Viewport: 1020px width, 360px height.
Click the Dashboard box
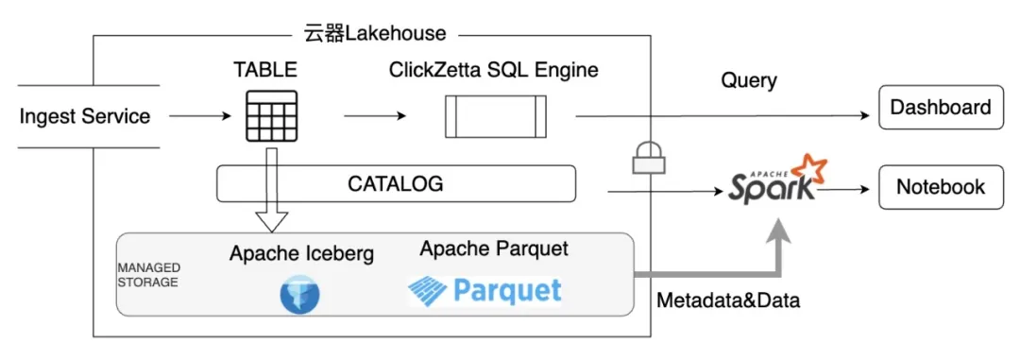point(941,107)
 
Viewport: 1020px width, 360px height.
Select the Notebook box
point(941,187)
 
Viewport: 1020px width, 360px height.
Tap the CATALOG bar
point(396,183)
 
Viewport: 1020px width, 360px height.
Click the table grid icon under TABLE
point(271,116)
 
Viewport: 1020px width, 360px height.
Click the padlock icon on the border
point(649,157)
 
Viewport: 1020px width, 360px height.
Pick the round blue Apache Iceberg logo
point(300,295)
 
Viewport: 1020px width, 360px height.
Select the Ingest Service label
point(85,116)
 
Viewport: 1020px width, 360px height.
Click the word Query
point(749,80)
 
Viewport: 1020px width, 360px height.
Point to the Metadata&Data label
point(728,300)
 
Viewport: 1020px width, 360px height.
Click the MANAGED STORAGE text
point(149,275)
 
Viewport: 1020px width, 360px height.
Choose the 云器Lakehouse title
point(375,33)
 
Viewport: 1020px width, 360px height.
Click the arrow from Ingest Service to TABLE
point(200,116)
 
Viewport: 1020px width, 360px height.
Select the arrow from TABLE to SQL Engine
point(375,116)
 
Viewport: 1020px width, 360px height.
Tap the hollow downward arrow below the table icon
point(271,190)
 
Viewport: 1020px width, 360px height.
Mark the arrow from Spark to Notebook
point(842,189)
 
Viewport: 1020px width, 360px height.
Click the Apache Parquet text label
point(494,249)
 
